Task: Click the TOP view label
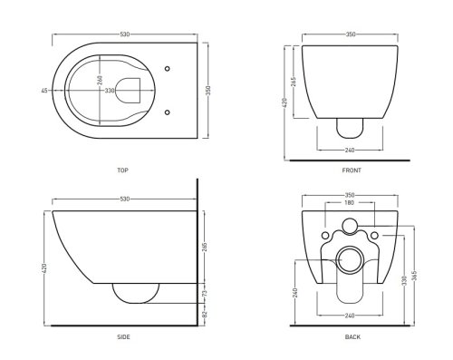pyautogui.click(x=122, y=170)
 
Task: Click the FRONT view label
pyautogui.click(x=352, y=170)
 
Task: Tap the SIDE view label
pyautogui.click(x=123, y=336)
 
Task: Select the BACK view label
pyautogui.click(x=352, y=336)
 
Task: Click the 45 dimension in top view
pyautogui.click(x=44, y=91)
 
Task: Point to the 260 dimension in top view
pyautogui.click(x=100, y=80)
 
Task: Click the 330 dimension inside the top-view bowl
pyautogui.click(x=110, y=91)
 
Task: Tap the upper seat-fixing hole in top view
pyautogui.click(x=168, y=69)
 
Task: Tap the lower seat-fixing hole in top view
pyautogui.click(x=168, y=112)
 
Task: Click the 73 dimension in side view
pyautogui.click(x=205, y=293)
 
